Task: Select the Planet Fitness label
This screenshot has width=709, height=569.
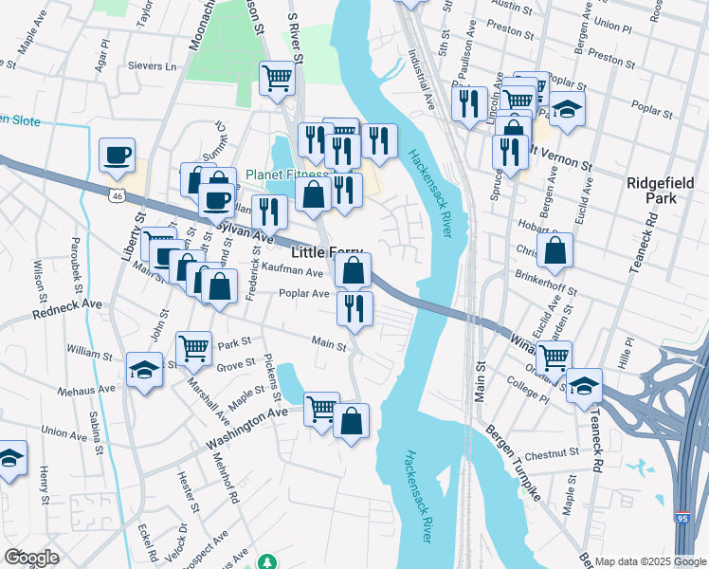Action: tap(285, 174)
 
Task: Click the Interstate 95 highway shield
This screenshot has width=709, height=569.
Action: tap(682, 518)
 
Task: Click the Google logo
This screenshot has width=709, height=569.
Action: tap(32, 557)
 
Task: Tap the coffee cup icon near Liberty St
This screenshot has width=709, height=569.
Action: tap(117, 155)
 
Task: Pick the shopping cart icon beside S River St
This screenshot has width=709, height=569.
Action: tap(277, 78)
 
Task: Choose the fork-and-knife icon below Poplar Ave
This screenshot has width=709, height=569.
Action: tap(354, 307)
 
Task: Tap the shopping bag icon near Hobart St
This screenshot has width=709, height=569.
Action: tap(555, 250)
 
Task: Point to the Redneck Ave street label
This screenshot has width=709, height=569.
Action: tap(66, 312)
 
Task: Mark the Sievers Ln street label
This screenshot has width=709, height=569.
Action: tap(158, 67)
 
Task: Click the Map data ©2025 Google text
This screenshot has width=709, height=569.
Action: tap(649, 561)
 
